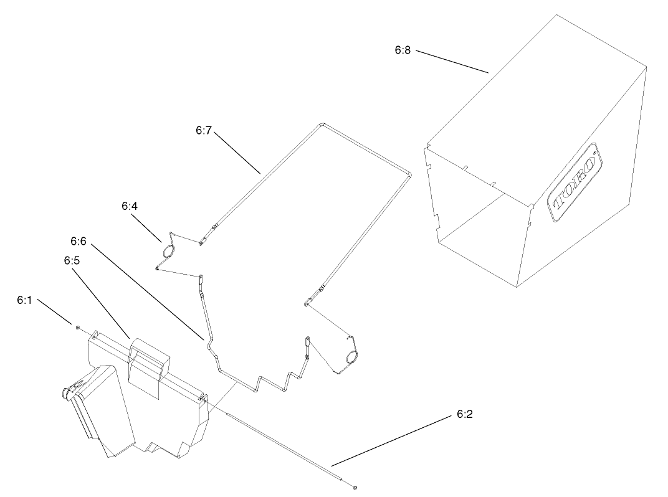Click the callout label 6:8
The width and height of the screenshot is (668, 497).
(403, 50)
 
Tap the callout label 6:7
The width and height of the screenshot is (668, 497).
(204, 130)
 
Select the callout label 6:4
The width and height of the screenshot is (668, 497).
(130, 206)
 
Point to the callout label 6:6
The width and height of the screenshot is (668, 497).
(79, 242)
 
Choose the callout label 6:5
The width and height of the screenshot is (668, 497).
(72, 260)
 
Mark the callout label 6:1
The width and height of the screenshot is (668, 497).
(25, 300)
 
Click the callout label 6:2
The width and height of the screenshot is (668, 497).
(465, 414)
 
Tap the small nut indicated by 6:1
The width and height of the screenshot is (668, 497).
(78, 328)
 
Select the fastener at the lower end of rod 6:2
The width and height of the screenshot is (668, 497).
(355, 487)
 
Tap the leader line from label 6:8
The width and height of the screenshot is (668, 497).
(452, 62)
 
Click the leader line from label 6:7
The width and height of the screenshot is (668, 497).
(237, 153)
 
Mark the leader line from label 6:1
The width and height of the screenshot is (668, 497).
(55, 312)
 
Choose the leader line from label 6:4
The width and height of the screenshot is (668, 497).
(146, 228)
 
